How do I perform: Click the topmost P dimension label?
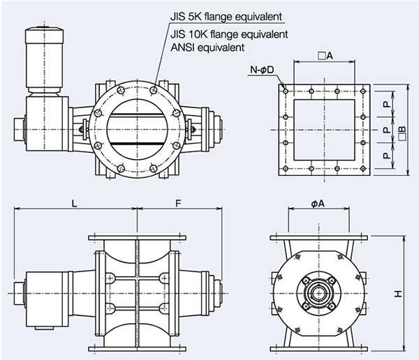[x=386, y=102]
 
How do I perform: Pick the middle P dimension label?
[x=386, y=129]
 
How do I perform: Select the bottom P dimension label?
[x=386, y=156]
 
